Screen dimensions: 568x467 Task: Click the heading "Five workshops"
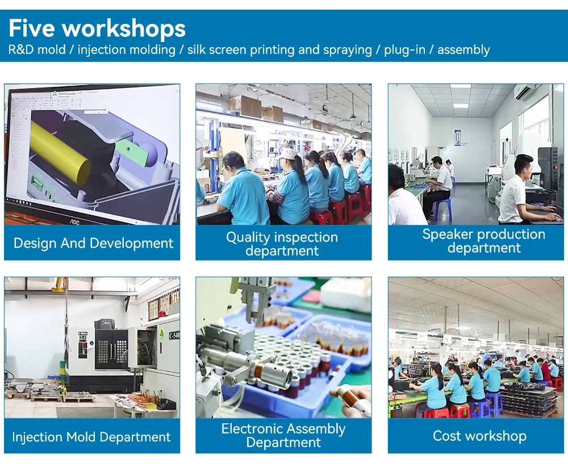tap(97, 28)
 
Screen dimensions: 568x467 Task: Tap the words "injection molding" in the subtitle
tap(127, 49)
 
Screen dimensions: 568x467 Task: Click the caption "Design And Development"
tap(93, 243)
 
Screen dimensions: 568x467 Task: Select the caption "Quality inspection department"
tap(282, 244)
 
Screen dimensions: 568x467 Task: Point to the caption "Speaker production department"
tap(483, 241)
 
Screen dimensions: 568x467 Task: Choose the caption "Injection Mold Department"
tap(91, 436)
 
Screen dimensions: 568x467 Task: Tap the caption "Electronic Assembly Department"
tap(283, 435)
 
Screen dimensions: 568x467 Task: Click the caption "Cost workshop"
tap(479, 436)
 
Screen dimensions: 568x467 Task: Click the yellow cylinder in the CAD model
tap(60, 152)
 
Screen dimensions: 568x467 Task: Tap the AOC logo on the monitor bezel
tap(74, 221)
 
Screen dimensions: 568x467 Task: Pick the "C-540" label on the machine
tap(174, 335)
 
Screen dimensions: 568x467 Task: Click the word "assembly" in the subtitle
tap(463, 49)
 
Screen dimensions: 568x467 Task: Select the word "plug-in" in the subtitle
tap(404, 49)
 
